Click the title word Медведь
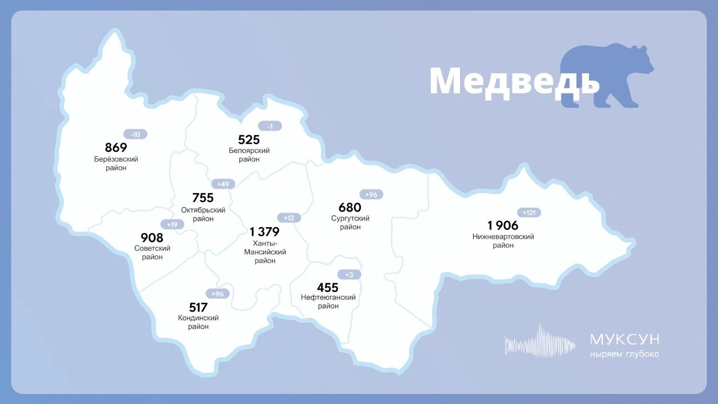[514, 81]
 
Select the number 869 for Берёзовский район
[116, 147]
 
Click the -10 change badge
[135, 134]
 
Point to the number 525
[249, 139]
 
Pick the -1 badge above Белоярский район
[270, 126]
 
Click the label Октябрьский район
[203, 214]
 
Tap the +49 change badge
[223, 184]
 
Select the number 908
[152, 237]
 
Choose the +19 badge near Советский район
[172, 224]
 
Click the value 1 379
[264, 231]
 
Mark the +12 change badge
[289, 218]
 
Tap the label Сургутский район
[350, 222]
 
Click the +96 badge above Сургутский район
[371, 195]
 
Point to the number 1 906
[503, 225]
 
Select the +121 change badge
[529, 212]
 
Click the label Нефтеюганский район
[328, 301]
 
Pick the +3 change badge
[349, 275]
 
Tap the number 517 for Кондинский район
[198, 307]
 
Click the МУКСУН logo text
[624, 339]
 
